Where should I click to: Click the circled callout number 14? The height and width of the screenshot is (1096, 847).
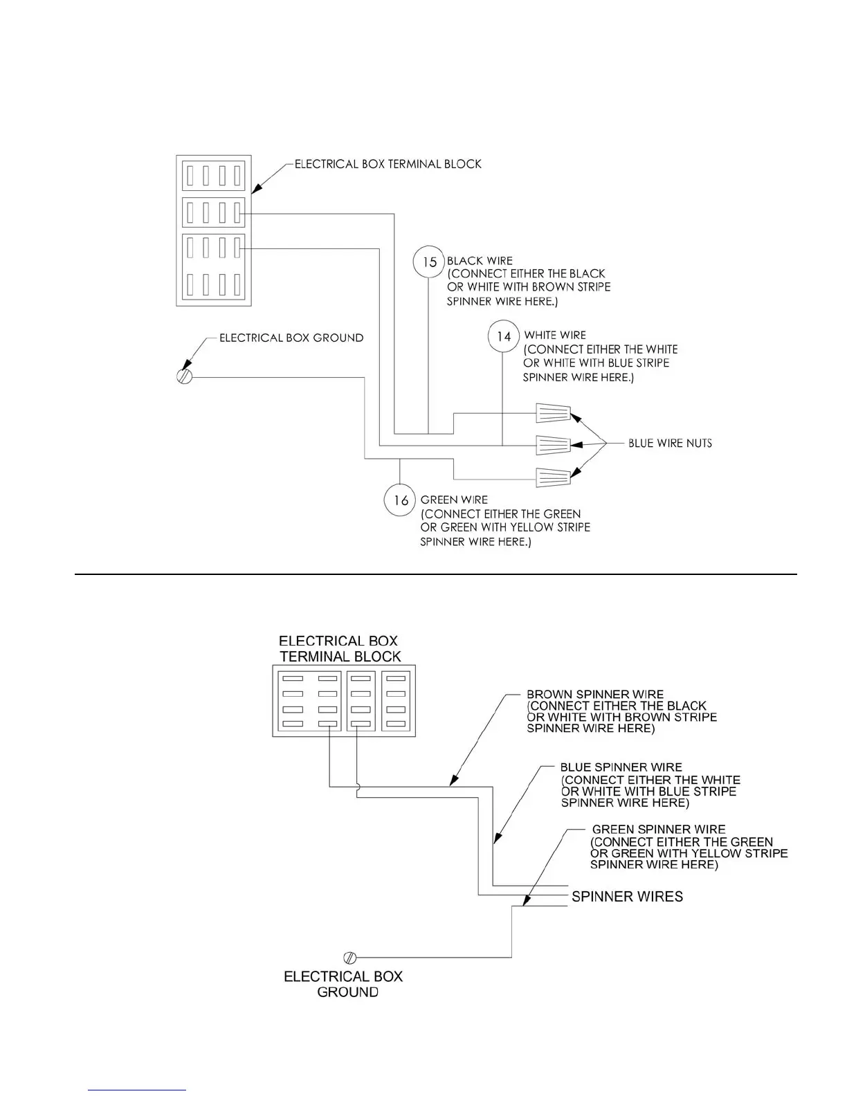point(504,336)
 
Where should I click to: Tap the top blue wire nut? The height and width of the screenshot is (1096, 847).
point(554,414)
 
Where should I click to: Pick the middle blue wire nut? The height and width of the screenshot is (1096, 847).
point(554,444)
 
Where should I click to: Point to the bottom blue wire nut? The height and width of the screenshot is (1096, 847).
point(554,476)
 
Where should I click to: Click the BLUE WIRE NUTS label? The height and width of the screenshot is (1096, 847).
point(670,444)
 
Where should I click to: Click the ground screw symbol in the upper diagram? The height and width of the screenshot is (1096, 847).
point(184,377)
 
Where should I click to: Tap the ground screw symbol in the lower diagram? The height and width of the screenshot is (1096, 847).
point(350,958)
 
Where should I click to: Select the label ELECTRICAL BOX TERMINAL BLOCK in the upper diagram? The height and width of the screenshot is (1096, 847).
point(388,165)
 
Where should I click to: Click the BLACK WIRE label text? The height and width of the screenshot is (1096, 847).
point(480,261)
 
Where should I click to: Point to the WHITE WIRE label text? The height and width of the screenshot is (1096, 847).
point(555,336)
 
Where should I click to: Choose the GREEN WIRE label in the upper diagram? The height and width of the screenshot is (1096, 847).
point(454,500)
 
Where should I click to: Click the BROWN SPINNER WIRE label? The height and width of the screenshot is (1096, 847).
point(595,694)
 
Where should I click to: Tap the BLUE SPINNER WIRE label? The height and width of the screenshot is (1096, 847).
point(621,767)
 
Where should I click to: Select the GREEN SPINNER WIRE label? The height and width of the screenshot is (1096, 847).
point(659,830)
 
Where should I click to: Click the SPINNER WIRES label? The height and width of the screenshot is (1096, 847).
point(627,897)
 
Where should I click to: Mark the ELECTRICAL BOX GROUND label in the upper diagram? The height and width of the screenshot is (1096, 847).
point(291,338)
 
